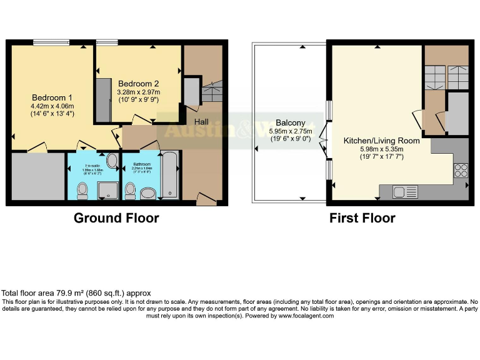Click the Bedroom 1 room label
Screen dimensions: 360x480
[x=52, y=97]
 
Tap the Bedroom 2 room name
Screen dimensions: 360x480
[x=138, y=83]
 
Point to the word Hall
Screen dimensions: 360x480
[x=201, y=121]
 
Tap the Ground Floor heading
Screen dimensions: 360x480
[x=116, y=218]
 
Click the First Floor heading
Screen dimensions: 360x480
[x=362, y=218]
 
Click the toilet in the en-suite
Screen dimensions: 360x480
[x=82, y=191]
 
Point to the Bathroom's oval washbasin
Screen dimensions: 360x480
[x=149, y=194]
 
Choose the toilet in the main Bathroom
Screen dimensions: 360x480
[x=131, y=189]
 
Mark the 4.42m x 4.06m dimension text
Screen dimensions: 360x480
[x=52, y=106]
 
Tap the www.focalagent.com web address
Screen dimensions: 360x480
[x=306, y=316]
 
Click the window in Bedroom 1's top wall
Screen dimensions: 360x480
[x=51, y=43]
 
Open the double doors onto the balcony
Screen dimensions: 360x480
[x=323, y=141]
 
